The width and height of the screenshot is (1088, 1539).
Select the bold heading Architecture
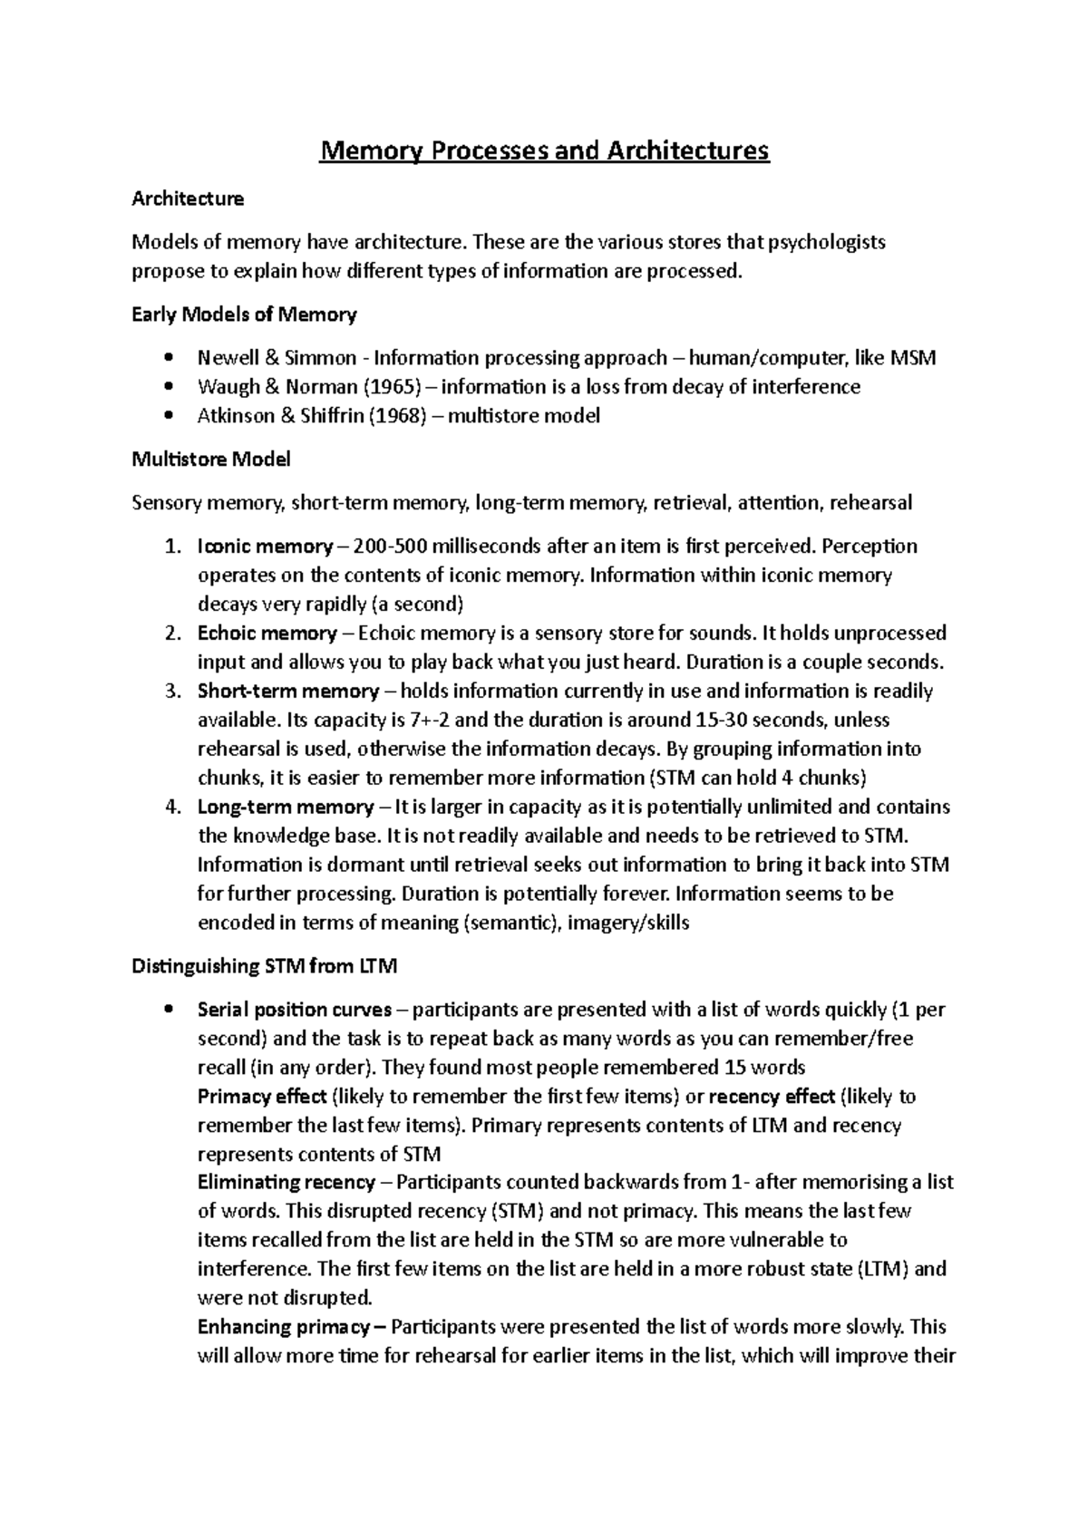click(188, 198)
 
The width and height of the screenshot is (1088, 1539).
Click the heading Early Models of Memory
click(244, 315)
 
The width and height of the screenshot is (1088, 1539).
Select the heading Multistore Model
click(211, 460)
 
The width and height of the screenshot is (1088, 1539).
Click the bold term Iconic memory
click(265, 547)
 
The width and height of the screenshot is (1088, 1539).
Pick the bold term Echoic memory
click(267, 633)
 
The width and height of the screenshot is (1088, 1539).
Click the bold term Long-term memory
click(286, 807)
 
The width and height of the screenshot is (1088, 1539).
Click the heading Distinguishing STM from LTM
click(265, 966)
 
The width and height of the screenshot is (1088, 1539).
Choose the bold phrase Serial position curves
click(295, 1010)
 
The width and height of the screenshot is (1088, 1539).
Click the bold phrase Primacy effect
click(262, 1097)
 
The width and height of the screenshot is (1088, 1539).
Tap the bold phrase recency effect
click(771, 1097)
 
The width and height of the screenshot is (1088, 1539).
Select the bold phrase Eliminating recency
click(287, 1182)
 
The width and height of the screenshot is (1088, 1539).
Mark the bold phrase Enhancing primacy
click(284, 1327)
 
